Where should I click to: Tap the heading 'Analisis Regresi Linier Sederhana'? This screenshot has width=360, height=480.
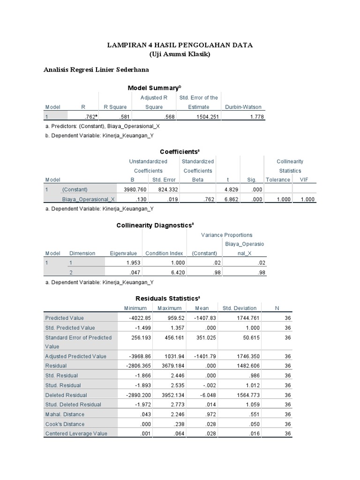[97, 70]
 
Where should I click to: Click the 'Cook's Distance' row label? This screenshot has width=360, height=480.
[65, 424]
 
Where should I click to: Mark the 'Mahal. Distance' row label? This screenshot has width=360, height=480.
[65, 414]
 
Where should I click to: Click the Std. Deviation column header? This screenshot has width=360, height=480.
[239, 308]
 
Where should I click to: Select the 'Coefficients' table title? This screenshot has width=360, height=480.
[180, 152]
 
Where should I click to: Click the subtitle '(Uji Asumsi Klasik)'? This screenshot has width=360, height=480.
[180, 54]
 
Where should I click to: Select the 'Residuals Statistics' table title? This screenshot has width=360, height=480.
[168, 298]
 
